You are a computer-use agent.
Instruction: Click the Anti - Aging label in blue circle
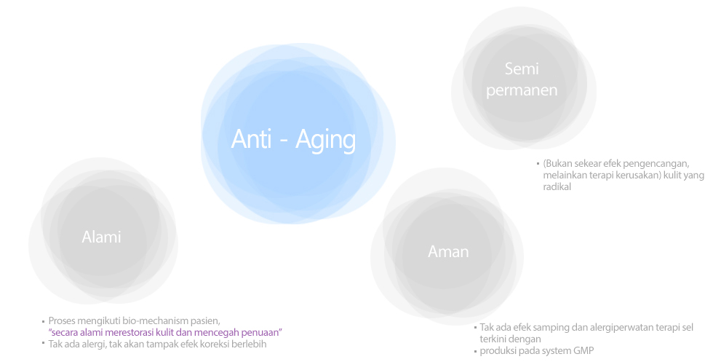click(x=293, y=139)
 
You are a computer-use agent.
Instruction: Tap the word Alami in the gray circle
click(x=101, y=237)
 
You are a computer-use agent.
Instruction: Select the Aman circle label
click(x=448, y=251)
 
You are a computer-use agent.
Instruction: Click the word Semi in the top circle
click(x=522, y=68)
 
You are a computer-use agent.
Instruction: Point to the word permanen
click(x=522, y=90)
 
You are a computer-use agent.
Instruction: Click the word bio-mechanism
click(x=149, y=320)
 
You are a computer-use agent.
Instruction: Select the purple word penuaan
click(x=263, y=332)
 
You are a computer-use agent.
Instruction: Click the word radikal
click(x=557, y=187)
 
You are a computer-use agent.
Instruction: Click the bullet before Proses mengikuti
click(x=43, y=321)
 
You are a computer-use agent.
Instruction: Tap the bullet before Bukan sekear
click(x=538, y=163)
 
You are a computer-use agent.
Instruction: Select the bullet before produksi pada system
click(x=476, y=351)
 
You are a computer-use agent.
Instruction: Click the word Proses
click(x=62, y=320)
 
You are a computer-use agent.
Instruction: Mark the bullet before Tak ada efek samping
click(x=476, y=328)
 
